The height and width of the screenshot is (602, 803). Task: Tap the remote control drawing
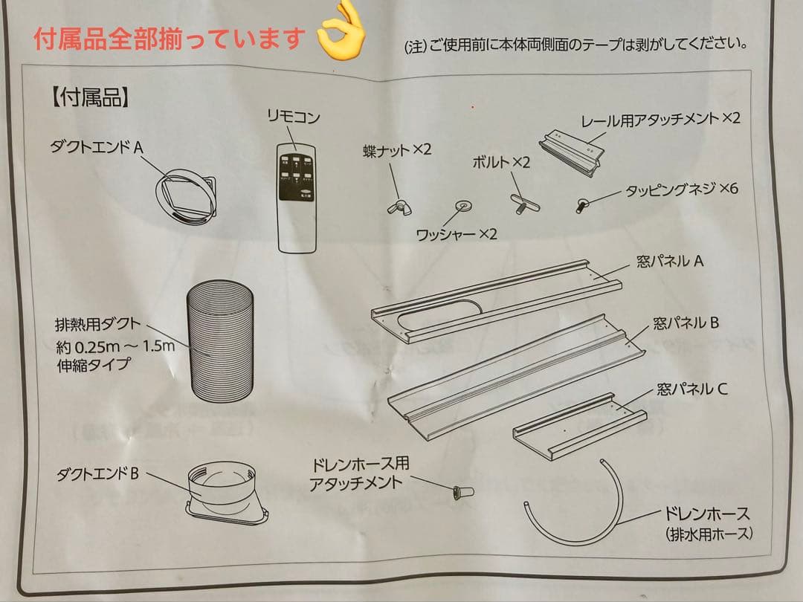pos(297,196)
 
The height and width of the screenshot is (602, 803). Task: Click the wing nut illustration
pos(397,205)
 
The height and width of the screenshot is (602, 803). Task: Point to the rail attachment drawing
pos(572,152)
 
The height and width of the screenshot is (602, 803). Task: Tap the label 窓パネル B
pos(686,323)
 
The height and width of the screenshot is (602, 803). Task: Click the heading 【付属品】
pos(91,97)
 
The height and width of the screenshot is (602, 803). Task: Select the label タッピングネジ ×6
pos(680,189)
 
